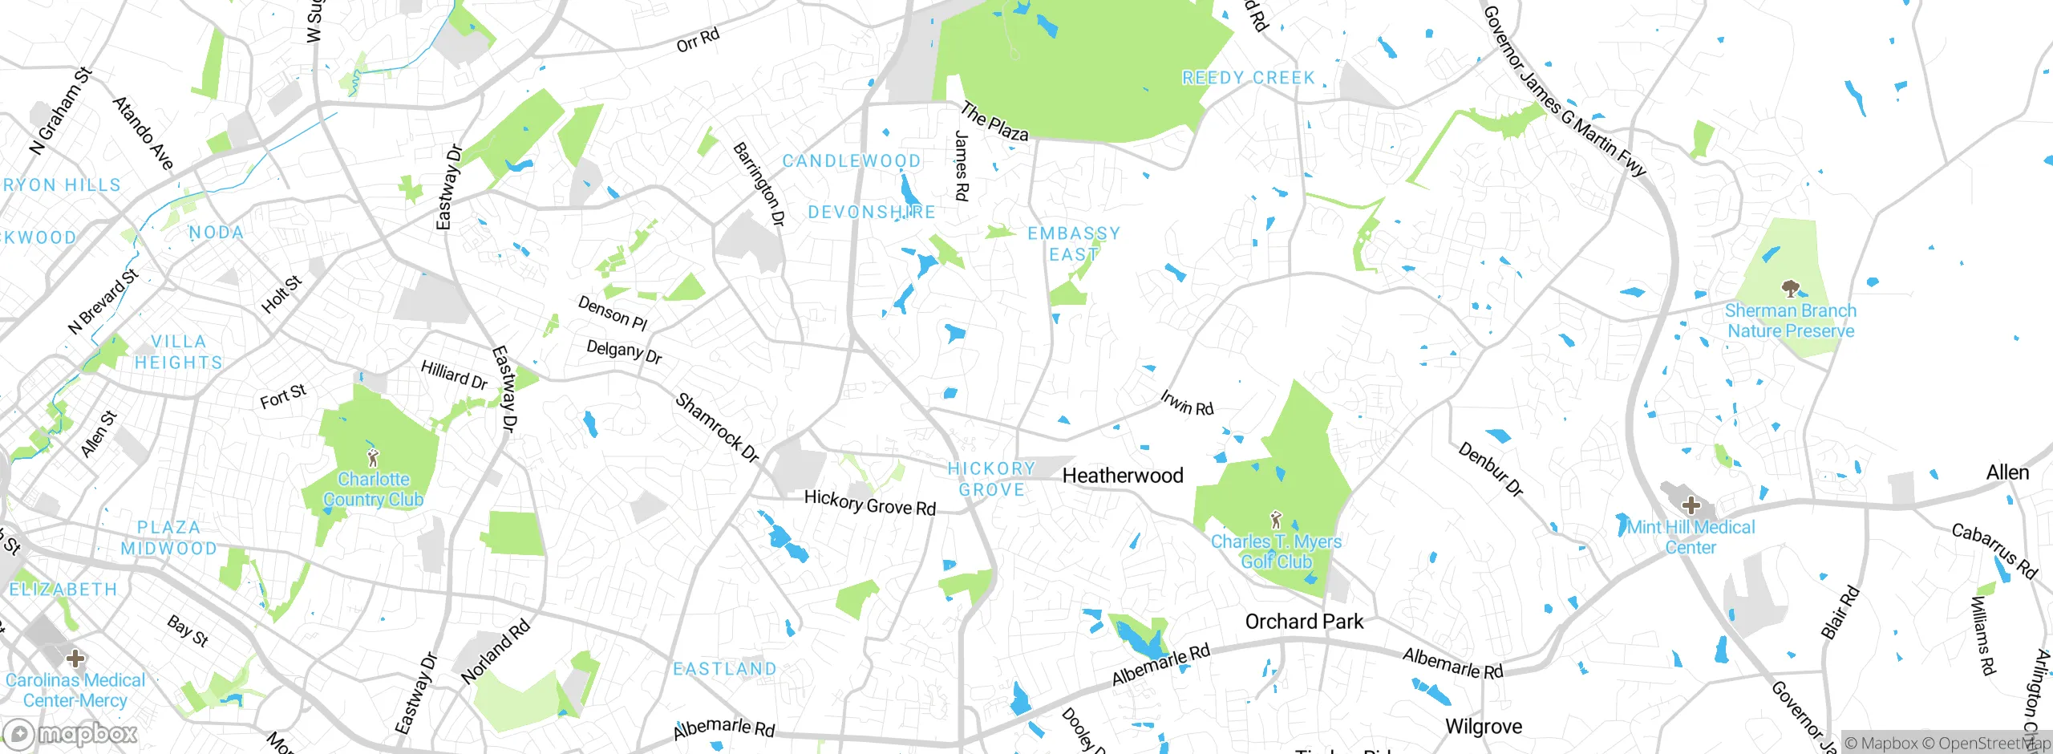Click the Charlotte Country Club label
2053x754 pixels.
pyautogui.click(x=373, y=489)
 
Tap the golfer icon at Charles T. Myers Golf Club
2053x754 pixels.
pyautogui.click(x=1276, y=520)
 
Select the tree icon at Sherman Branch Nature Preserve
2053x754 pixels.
pyautogui.click(x=1790, y=288)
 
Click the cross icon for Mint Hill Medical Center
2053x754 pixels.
pyautogui.click(x=1691, y=505)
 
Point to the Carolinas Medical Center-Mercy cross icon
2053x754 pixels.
pyautogui.click(x=75, y=659)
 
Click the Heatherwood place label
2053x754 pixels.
pyautogui.click(x=1123, y=476)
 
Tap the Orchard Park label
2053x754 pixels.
pyautogui.click(x=1304, y=622)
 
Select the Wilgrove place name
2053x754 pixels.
pyautogui.click(x=1483, y=727)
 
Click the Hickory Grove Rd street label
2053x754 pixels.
pyautogui.click(x=870, y=504)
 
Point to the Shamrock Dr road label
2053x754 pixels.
pyautogui.click(x=717, y=428)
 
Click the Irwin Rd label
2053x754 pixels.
pyautogui.click(x=1187, y=403)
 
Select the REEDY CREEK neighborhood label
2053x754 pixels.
pyautogui.click(x=1249, y=78)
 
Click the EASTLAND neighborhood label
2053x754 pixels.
pyautogui.click(x=725, y=669)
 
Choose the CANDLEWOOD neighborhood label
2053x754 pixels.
pyautogui.click(x=852, y=161)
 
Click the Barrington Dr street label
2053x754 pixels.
pyautogui.click(x=759, y=184)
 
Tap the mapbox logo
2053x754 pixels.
pyautogui.click(x=71, y=733)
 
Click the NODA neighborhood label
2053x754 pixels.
pyautogui.click(x=216, y=233)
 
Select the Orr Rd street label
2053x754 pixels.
pyautogui.click(x=698, y=40)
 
